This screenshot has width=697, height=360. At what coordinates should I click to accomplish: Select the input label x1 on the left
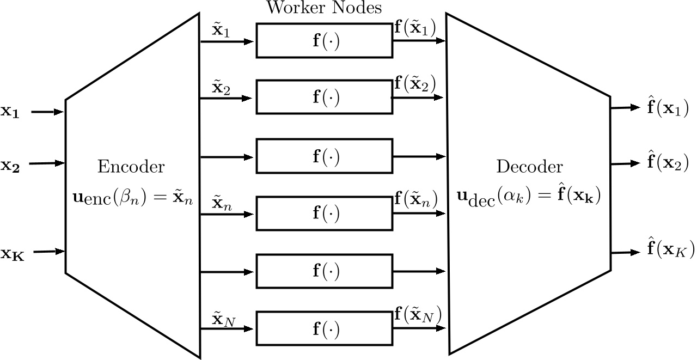point(10,112)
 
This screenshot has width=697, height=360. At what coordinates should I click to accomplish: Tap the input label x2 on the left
point(10,164)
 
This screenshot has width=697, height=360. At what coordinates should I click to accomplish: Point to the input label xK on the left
point(13,253)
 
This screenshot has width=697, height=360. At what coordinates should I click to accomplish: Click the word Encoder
point(131,167)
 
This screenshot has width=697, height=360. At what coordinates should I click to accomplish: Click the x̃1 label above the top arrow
point(221,30)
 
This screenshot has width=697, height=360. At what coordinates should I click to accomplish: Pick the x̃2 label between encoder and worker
point(221,88)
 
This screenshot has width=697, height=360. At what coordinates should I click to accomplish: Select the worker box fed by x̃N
point(325,328)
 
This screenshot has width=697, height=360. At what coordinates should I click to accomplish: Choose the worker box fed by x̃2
point(325,98)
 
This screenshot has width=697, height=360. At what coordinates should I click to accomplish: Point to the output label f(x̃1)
point(415,28)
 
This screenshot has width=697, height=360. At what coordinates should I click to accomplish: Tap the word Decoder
point(529,167)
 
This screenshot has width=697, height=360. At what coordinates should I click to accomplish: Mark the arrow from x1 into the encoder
point(48,112)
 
